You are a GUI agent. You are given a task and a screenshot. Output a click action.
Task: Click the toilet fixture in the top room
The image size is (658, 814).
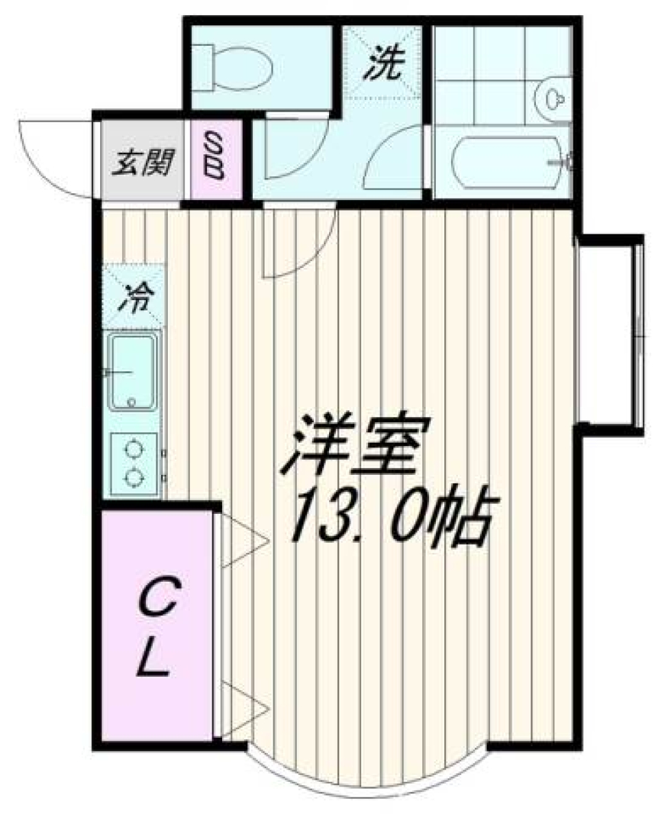233,66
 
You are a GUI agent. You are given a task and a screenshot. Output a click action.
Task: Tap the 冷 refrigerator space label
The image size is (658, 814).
136,299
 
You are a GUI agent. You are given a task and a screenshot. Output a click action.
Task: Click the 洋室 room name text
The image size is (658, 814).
356,449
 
